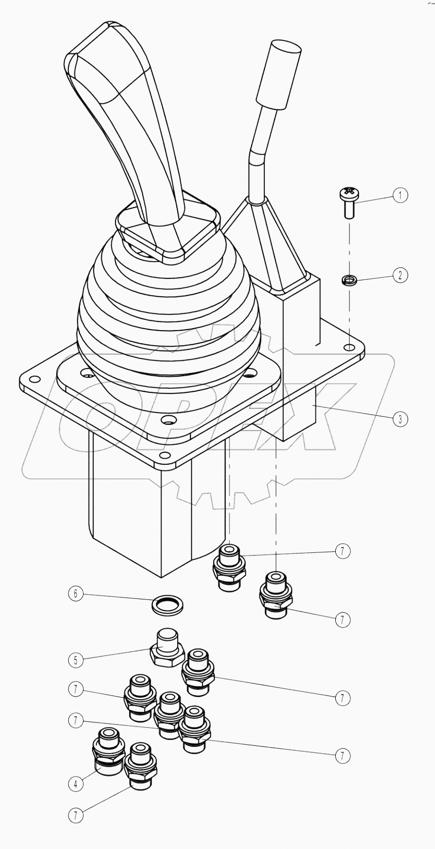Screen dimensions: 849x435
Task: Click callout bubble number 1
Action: point(400,195)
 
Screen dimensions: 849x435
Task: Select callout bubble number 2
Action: point(400,275)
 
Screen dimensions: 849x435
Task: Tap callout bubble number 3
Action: point(400,419)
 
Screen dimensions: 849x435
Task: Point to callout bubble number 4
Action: point(75,784)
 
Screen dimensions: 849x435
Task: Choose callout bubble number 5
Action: point(75,660)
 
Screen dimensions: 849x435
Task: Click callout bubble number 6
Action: point(75,593)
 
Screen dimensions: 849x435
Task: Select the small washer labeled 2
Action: point(349,279)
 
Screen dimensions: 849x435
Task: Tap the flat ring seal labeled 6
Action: point(168,604)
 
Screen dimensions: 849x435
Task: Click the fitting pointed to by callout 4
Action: point(108,749)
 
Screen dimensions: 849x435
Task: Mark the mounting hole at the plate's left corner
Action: point(34,379)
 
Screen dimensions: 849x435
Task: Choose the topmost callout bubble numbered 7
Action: point(343,551)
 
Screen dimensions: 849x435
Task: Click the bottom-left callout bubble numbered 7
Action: point(75,815)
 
